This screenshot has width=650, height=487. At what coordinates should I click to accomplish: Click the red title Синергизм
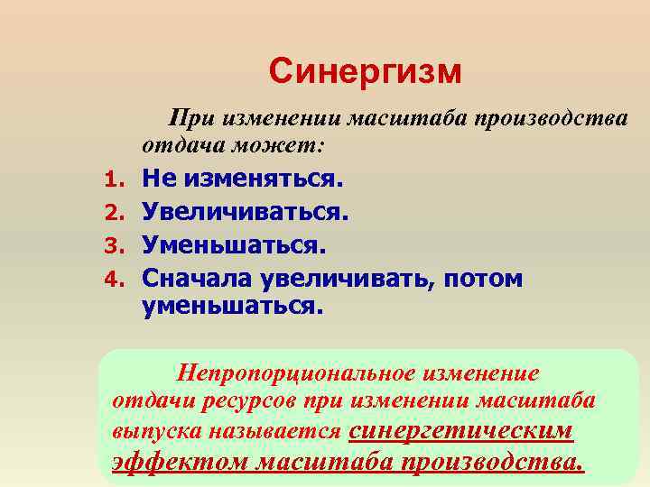pyautogui.click(x=365, y=70)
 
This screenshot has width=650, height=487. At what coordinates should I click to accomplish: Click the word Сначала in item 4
pyautogui.click(x=195, y=278)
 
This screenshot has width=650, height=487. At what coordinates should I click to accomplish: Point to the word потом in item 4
pyautogui.click(x=482, y=278)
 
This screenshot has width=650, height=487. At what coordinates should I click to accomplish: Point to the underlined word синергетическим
pyautogui.click(x=460, y=430)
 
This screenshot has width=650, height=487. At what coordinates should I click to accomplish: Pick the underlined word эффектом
pyautogui.click(x=180, y=462)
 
